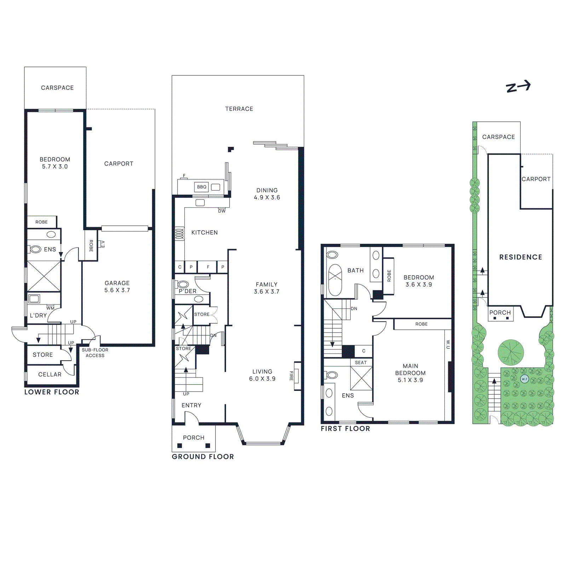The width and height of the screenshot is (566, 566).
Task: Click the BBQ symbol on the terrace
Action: click(202, 187)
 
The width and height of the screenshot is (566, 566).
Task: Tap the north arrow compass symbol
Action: click(518, 86)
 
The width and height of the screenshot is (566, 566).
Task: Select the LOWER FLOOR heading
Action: click(52, 392)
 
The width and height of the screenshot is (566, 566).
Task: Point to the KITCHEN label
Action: click(204, 232)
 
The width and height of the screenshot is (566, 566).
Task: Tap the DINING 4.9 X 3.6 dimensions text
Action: click(267, 197)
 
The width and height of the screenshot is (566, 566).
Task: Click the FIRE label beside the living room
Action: click(291, 376)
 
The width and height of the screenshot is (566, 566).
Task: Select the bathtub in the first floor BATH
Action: click(335, 280)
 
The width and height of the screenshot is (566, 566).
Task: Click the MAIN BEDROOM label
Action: click(410, 369)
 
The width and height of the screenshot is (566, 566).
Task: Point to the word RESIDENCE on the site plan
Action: click(520, 257)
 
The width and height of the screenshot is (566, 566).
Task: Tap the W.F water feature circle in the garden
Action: click(524, 379)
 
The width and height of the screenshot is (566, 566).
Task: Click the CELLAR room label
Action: click(50, 374)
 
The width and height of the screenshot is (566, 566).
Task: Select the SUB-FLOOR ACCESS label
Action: click(95, 353)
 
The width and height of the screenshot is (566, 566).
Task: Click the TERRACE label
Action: click(239, 109)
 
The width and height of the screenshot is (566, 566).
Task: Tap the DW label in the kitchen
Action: click(222, 211)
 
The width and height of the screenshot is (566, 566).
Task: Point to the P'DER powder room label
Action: click(187, 291)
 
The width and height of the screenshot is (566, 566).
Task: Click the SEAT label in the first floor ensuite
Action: click(361, 363)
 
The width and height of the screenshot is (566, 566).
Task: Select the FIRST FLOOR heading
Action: click(345, 428)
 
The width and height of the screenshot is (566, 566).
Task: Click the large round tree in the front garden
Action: click(510, 352)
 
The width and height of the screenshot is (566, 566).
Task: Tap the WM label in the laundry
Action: click(50, 308)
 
